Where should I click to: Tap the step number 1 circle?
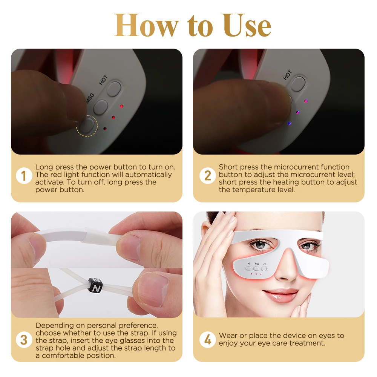pos(24,176)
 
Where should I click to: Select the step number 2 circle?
pos(207,176)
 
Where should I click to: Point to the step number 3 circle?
pos(24,340)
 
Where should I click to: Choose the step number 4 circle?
pos(207,340)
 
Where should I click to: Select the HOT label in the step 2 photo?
pos(287,75)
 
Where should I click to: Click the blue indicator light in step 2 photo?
pos(289,123)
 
